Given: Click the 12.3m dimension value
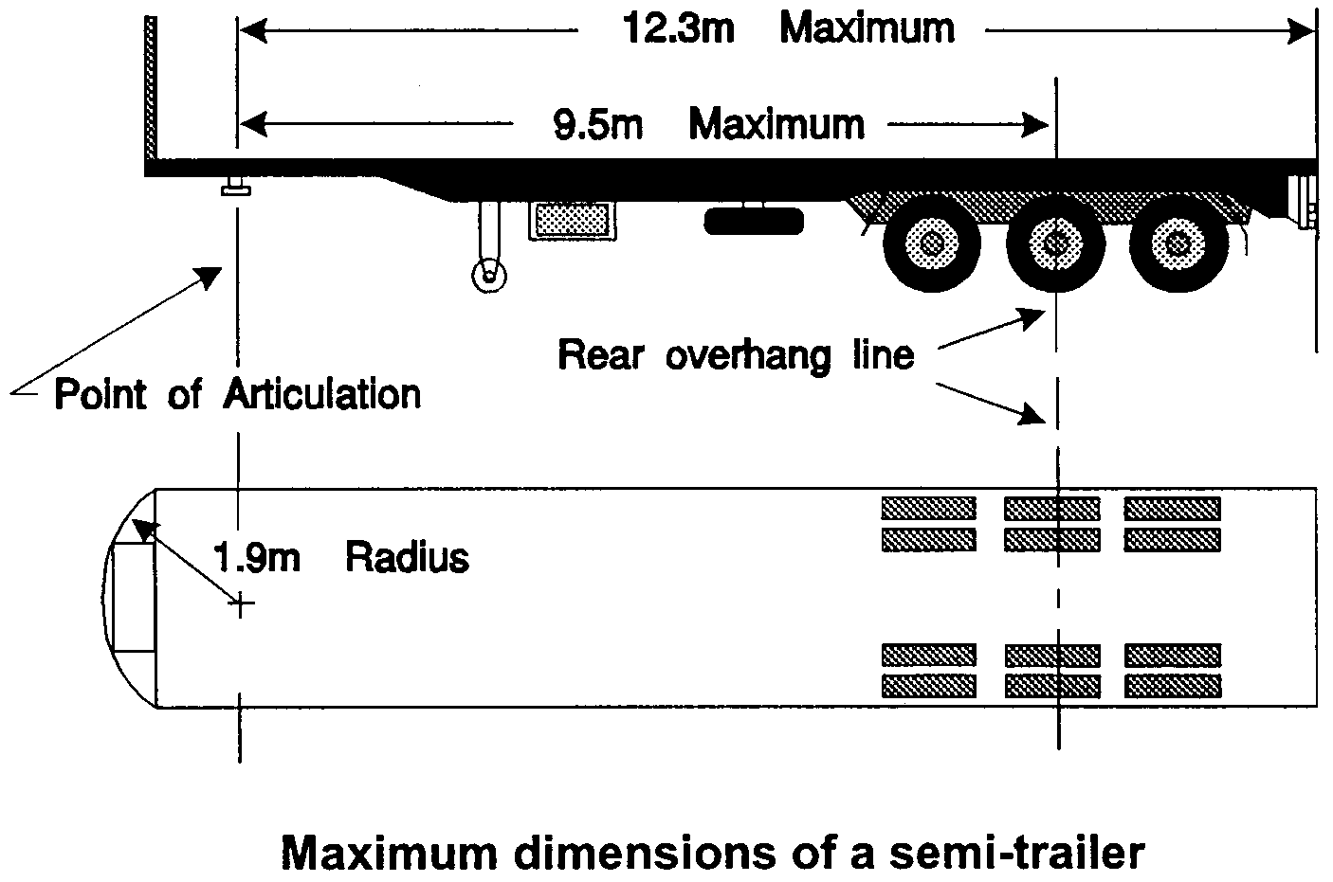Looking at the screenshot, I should [678, 28].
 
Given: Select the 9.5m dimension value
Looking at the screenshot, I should [598, 124].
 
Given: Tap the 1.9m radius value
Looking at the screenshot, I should [255, 557].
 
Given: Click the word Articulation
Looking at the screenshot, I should [321, 393].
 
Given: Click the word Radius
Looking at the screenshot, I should [407, 557].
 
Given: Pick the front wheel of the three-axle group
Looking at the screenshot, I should [931, 244].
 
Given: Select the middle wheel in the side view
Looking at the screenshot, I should [1054, 244].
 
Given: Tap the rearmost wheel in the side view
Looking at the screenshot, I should [1178, 244].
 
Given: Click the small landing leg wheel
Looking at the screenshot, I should [489, 276].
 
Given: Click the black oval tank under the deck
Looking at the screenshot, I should [755, 222].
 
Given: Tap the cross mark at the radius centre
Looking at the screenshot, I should [241, 603].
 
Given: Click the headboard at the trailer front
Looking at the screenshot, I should [150, 90].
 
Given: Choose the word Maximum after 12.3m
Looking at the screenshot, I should [867, 28].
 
